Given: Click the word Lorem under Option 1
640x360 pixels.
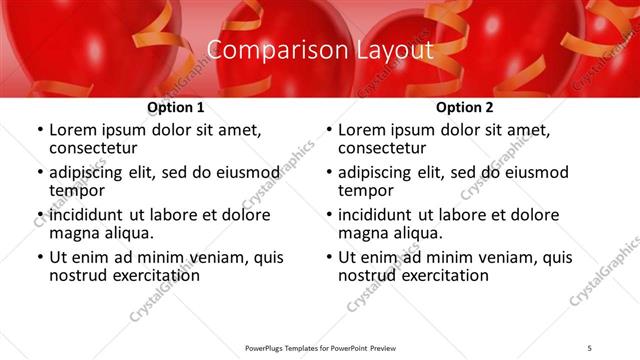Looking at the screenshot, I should click(x=73, y=130).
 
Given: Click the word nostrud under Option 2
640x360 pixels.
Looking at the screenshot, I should click(x=369, y=275).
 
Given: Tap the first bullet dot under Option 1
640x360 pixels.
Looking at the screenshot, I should click(x=39, y=131).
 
